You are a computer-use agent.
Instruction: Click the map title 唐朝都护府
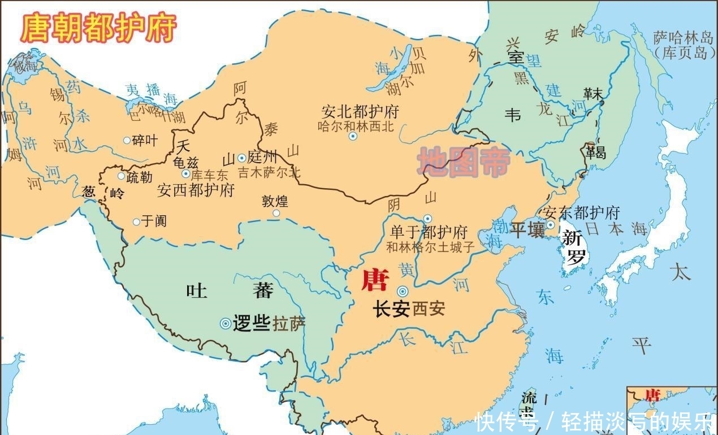coord(98,28)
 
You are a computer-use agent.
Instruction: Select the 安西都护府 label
coord(196,190)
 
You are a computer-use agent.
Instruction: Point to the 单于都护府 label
coord(430,233)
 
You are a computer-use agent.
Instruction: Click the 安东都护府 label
coord(581,213)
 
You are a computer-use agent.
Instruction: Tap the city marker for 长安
coord(403,292)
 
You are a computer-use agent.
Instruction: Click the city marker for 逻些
coord(225,324)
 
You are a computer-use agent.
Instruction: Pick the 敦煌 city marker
coord(276,213)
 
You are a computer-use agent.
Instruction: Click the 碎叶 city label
coord(145,140)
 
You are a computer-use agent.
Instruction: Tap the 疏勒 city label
coord(139,177)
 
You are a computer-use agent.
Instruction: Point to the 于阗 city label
coord(153,221)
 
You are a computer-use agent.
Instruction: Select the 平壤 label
coord(527,230)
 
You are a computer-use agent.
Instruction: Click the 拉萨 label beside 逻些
coord(289,324)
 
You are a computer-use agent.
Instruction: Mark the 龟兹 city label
coord(186,163)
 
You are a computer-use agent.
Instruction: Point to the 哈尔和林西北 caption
coord(356,127)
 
